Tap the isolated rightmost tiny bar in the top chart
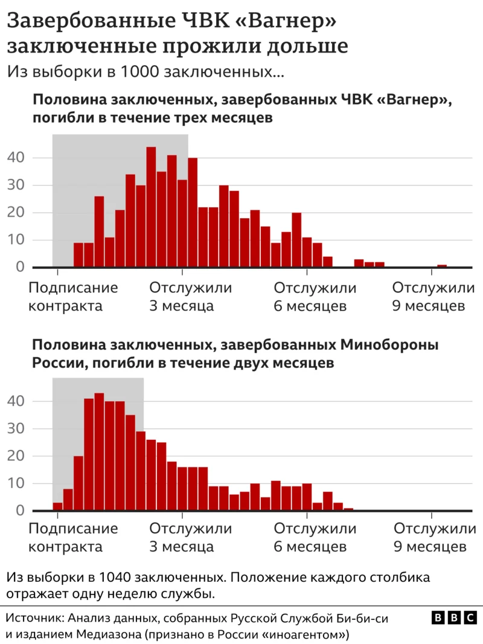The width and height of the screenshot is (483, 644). [x=442, y=266]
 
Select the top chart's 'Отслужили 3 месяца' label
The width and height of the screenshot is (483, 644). [x=190, y=297]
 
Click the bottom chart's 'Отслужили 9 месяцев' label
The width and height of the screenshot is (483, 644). [x=433, y=538]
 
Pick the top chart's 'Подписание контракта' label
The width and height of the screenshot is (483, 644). [x=73, y=297]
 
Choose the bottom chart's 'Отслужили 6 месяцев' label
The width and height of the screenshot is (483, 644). [x=315, y=538]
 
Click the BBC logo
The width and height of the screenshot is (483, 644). [x=454, y=618]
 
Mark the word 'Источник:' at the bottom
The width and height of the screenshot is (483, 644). [x=35, y=619]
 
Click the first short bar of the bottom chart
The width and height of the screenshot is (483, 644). [x=57, y=507]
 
